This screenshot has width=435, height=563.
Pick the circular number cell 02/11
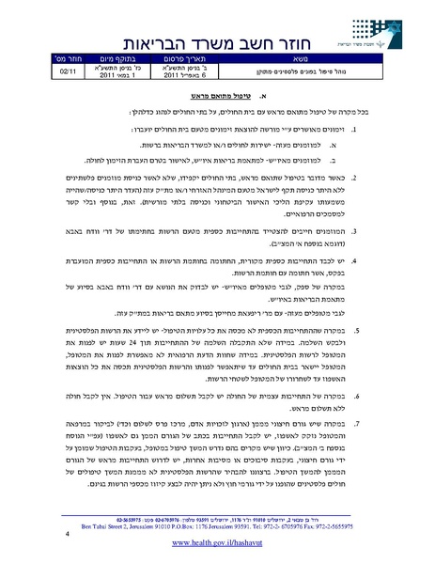pos(70,70)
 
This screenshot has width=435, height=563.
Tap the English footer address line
pos(217,519)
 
